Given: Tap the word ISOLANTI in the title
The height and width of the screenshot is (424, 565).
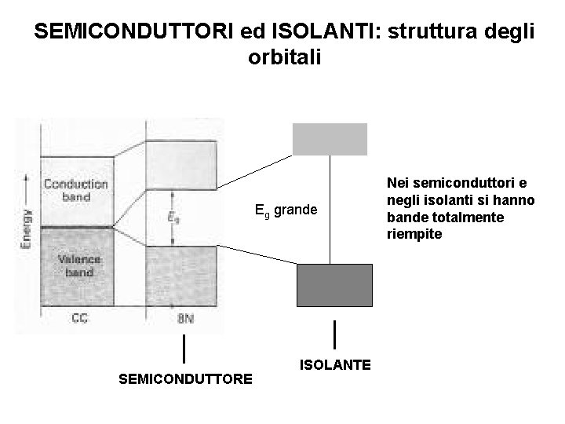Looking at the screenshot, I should pos(313,32).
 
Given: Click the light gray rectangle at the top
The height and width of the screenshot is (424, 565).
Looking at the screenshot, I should pos(330,139).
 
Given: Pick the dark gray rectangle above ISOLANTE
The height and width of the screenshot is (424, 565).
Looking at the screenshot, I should pos(334,284).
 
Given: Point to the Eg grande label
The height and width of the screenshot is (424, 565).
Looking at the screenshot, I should pos(286,210).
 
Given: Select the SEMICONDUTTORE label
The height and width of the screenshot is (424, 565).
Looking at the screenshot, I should pos(185,379).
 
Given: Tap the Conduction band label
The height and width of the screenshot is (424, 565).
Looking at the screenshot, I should pos(76,190).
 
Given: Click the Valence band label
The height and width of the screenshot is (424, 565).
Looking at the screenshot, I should pos(75,265).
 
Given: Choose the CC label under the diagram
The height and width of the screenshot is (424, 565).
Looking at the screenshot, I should pos(79,319).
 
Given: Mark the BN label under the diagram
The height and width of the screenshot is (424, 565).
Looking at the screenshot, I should pos(185,319).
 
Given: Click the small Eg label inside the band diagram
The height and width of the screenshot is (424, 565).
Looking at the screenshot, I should pos(173,217).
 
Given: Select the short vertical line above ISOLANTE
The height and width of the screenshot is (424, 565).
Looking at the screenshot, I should pos(336,334).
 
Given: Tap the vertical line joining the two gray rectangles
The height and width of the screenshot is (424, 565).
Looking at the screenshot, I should pos(330,209).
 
